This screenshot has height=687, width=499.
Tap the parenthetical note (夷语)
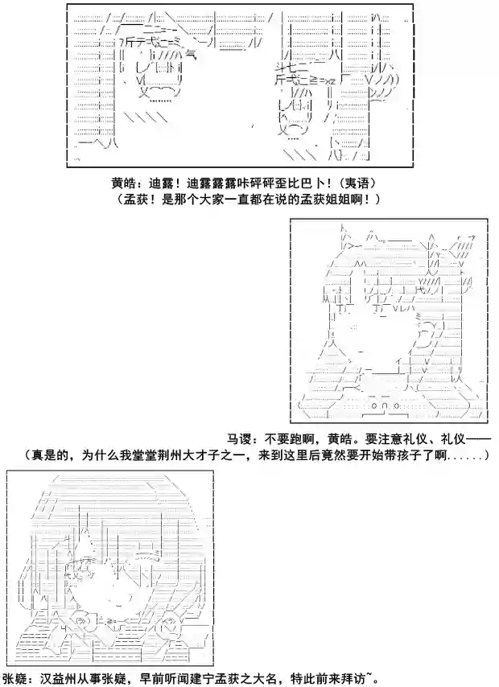360,182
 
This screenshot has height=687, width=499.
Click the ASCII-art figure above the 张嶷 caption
109,567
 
